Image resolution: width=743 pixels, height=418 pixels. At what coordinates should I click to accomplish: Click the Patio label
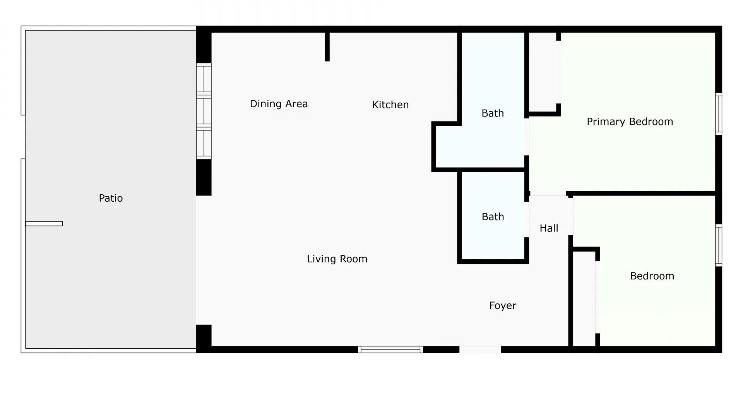(x=111, y=198)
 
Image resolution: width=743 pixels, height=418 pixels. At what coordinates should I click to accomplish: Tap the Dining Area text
(x=279, y=104)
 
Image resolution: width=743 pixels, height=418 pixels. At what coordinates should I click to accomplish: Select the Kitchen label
(x=390, y=104)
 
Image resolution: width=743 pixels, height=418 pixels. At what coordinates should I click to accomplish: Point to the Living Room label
(x=337, y=259)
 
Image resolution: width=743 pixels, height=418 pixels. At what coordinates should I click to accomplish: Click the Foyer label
(x=502, y=305)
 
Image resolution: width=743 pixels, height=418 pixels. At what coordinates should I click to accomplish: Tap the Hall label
(x=549, y=228)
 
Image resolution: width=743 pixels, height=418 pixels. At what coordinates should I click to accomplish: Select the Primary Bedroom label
(x=630, y=122)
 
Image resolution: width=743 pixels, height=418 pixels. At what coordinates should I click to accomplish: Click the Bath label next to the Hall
(x=493, y=217)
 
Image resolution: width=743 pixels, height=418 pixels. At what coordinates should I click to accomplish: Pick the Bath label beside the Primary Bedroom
(x=492, y=113)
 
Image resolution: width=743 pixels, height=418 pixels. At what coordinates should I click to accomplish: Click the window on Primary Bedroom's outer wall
(x=718, y=114)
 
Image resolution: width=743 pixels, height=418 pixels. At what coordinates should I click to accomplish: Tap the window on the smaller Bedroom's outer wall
(x=718, y=245)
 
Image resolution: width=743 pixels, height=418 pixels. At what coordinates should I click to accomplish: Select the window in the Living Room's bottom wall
(x=390, y=349)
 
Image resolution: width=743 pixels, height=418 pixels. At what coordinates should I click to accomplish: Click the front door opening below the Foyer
(x=480, y=349)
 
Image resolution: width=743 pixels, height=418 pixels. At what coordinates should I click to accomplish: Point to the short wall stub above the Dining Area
(x=327, y=46)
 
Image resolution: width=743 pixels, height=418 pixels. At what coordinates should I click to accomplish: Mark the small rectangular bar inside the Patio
(x=44, y=224)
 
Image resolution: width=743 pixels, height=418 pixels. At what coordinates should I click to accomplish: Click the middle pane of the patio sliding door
(x=204, y=111)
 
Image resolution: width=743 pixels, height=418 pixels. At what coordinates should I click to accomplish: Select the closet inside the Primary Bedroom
(x=543, y=72)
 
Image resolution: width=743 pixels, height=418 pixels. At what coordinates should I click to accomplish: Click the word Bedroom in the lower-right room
(x=652, y=276)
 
